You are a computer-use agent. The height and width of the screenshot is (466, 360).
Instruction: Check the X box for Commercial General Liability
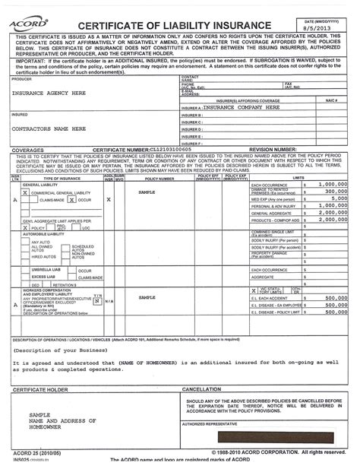[26, 192]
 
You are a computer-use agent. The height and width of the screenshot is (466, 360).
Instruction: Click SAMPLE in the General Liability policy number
[147, 192]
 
